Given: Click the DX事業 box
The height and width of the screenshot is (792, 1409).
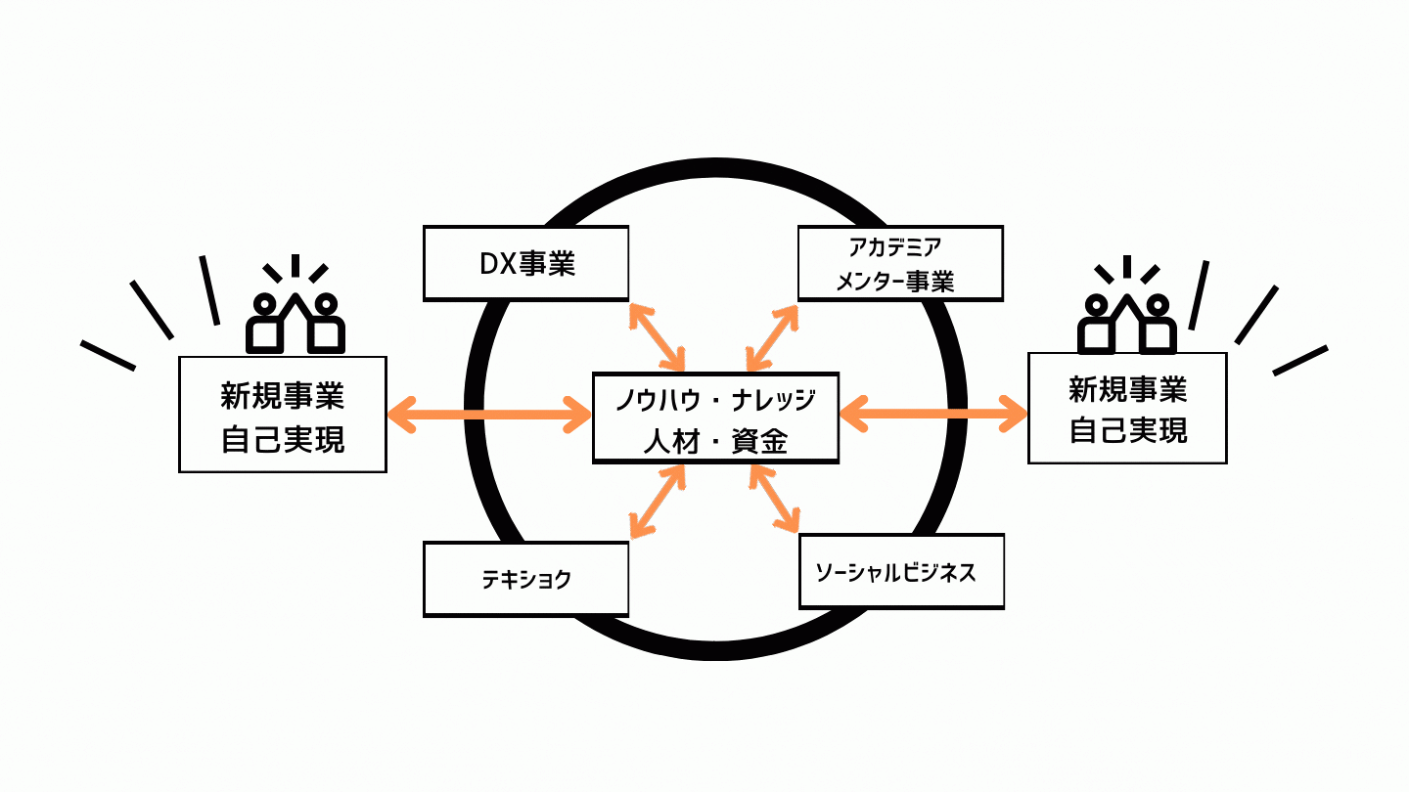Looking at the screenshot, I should pyautogui.click(x=525, y=264).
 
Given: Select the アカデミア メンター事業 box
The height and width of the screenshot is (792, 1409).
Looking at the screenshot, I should pyautogui.click(x=900, y=263).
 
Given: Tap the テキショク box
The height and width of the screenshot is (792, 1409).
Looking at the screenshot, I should pyautogui.click(x=525, y=580).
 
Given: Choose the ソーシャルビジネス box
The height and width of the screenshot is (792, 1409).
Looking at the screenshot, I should pyautogui.click(x=901, y=572).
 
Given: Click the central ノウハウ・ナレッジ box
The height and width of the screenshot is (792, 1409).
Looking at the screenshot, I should pyautogui.click(x=715, y=418).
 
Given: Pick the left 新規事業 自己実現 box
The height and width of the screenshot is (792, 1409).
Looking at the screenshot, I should pyautogui.click(x=283, y=415).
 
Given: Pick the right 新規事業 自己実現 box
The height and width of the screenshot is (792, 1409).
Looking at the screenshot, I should pyautogui.click(x=1127, y=408).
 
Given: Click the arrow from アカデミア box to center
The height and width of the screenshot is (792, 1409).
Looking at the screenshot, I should pyautogui.click(x=772, y=336).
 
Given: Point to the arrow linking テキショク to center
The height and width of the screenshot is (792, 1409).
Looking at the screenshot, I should pyautogui.click(x=657, y=501).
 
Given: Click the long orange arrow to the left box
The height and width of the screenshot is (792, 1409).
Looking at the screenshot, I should pyautogui.click(x=489, y=415).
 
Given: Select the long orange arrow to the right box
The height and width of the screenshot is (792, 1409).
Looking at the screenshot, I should pyautogui.click(x=933, y=414).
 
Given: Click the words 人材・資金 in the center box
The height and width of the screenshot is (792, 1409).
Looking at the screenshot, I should pyautogui.click(x=715, y=442).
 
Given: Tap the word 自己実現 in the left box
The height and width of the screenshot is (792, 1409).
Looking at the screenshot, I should pyautogui.click(x=283, y=439).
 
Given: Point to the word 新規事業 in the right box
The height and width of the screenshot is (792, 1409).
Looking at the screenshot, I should pyautogui.click(x=1127, y=391).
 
